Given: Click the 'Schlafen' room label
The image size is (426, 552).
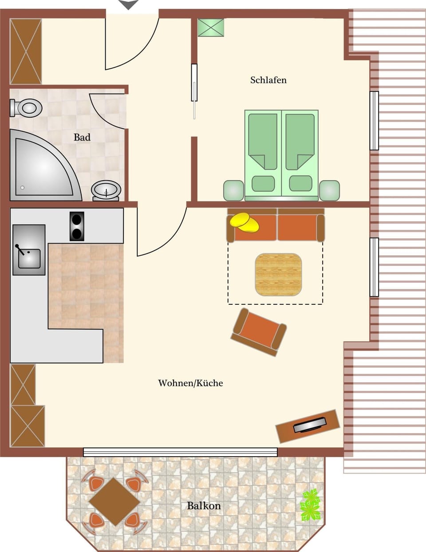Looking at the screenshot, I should coord(268,80).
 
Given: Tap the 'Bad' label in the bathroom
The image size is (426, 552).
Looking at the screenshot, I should coord(82,138).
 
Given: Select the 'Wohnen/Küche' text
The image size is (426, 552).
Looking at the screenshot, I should coord(190,383).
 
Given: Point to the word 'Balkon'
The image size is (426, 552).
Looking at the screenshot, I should coord(204,506).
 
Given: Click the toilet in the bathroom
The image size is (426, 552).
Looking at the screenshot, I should coord(27,107).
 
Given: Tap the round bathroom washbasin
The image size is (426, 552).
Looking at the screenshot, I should coord(106,190).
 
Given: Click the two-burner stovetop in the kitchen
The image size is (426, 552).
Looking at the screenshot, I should coord(77,226).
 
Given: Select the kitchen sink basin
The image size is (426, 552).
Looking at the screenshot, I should coord(29,258).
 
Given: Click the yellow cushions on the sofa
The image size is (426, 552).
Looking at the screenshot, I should coord(245,222).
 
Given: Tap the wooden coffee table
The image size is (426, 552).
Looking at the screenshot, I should coord(278,275).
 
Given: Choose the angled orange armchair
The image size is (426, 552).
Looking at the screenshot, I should coord(258,331).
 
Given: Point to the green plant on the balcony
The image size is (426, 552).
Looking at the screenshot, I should coord(310,505).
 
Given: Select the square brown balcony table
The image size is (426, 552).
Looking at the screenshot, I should coord(114,501).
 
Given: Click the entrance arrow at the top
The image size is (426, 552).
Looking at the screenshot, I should coord(129,5).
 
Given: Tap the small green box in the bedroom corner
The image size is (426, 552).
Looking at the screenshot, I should coord(210,28).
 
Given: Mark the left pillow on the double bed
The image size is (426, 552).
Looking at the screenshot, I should coord(263,183).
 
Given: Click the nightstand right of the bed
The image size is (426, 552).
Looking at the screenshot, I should coord(329,190).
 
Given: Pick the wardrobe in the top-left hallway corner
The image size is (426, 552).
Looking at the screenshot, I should coord(26,51).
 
